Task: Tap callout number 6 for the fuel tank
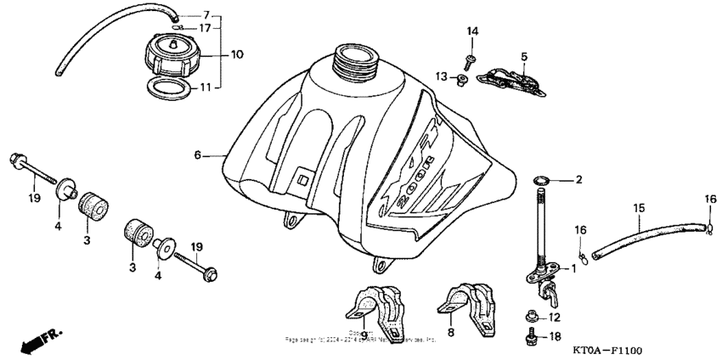pyautogui.click(x=197, y=155)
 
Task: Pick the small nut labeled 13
pyautogui.click(x=462, y=81)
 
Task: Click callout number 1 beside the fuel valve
pyautogui.click(x=573, y=268)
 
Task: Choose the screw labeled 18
pyautogui.click(x=530, y=338)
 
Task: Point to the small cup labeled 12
pyautogui.click(x=532, y=316)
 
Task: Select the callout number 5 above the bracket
pyautogui.click(x=524, y=56)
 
